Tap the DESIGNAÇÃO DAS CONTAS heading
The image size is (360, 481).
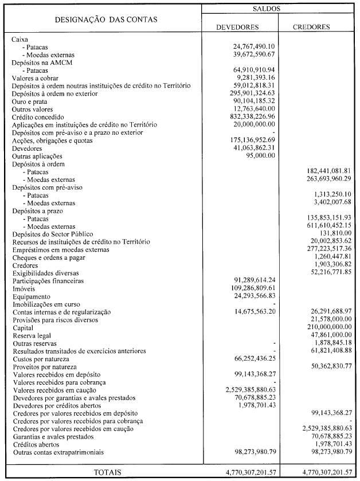click(x=105, y=20)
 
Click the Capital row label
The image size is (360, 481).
click(x=23, y=327)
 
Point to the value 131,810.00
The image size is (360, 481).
click(x=335, y=234)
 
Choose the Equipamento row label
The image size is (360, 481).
click(x=30, y=296)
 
